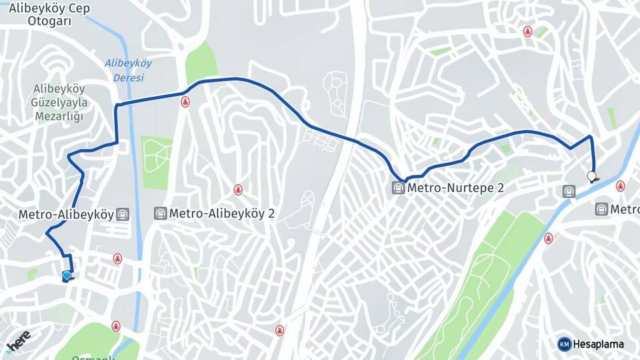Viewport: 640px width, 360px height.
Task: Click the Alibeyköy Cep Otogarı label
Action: click(x=49, y=15)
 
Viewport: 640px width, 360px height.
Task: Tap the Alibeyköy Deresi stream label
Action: click(x=128, y=70)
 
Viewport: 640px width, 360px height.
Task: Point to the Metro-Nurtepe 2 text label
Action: click(x=455, y=188)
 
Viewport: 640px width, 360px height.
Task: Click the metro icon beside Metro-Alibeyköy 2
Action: click(x=160, y=213)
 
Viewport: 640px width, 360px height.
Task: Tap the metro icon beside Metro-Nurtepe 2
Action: click(x=398, y=188)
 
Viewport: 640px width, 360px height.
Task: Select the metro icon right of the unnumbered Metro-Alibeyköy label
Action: click(x=123, y=215)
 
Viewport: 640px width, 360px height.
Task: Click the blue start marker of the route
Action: click(x=67, y=276)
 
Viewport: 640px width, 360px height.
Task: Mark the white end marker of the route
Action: click(x=591, y=177)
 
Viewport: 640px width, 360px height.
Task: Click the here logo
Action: click(x=19, y=342)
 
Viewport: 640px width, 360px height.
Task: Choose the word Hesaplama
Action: click(x=599, y=344)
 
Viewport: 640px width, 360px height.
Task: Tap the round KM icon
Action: click(x=564, y=344)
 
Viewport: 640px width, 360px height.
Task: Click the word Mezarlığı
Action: click(x=58, y=117)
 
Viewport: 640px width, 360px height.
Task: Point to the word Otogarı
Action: click(x=49, y=21)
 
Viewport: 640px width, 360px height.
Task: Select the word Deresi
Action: click(x=129, y=77)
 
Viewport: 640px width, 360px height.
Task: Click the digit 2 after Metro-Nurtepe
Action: click(x=499, y=188)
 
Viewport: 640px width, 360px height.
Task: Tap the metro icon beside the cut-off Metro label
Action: click(x=601, y=209)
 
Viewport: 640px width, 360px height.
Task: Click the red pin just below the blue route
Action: click(x=185, y=102)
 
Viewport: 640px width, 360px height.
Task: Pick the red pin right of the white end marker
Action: click(x=620, y=186)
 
